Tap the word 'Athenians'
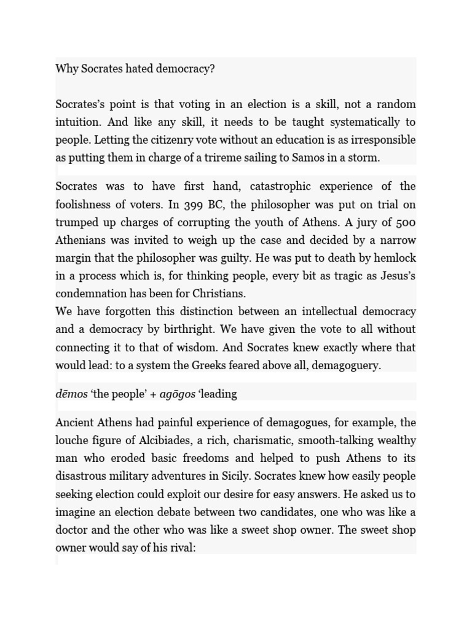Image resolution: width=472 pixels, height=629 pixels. tap(82, 240)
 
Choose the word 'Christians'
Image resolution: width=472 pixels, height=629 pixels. tap(218, 294)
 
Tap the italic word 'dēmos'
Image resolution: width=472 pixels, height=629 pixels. tap(71, 394)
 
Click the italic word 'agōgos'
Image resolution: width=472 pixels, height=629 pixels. tap(177, 394)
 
